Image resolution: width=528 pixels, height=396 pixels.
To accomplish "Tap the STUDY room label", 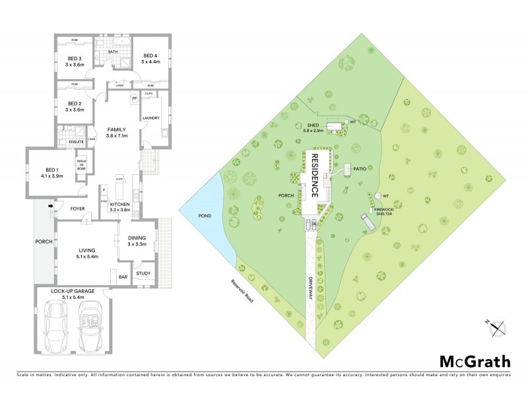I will pos(143,273).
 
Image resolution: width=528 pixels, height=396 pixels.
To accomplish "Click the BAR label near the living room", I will pos(123,277).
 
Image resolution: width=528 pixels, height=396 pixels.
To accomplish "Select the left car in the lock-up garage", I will pos(55,326).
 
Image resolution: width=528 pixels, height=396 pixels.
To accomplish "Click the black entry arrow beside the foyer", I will pos(51,206).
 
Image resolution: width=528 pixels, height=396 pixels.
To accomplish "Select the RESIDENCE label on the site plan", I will pos(315,176).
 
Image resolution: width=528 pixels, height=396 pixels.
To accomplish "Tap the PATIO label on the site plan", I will pos(359,169).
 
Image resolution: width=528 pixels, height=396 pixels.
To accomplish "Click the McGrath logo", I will pos(475,361).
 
